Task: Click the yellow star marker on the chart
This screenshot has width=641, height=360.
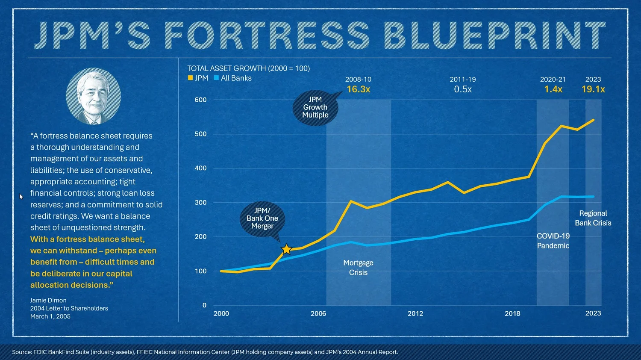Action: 286,249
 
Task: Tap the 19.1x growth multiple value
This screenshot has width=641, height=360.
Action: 593,89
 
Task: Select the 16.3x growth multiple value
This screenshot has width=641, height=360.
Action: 358,89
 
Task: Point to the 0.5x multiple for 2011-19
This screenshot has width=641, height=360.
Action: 463,89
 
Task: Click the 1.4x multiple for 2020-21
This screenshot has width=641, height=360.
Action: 553,89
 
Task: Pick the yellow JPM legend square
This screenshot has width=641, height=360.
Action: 190,78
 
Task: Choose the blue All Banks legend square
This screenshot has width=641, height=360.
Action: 216,78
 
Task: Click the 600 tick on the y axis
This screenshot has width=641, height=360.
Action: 200,100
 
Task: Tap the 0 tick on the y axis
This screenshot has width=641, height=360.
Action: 204,305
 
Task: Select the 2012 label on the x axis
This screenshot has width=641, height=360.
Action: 415,313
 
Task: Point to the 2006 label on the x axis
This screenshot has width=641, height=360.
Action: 318,313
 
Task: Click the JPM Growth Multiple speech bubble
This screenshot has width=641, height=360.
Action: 316,108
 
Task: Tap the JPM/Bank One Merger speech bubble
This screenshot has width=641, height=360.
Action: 262,218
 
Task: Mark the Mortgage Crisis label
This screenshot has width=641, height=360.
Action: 358,268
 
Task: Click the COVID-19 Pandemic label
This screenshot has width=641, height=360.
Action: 553,241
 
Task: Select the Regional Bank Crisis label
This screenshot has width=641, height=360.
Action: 593,218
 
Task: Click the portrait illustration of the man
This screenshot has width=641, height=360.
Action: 93,96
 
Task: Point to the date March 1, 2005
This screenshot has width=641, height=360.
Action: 50,316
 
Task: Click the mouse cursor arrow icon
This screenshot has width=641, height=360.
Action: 21,197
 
